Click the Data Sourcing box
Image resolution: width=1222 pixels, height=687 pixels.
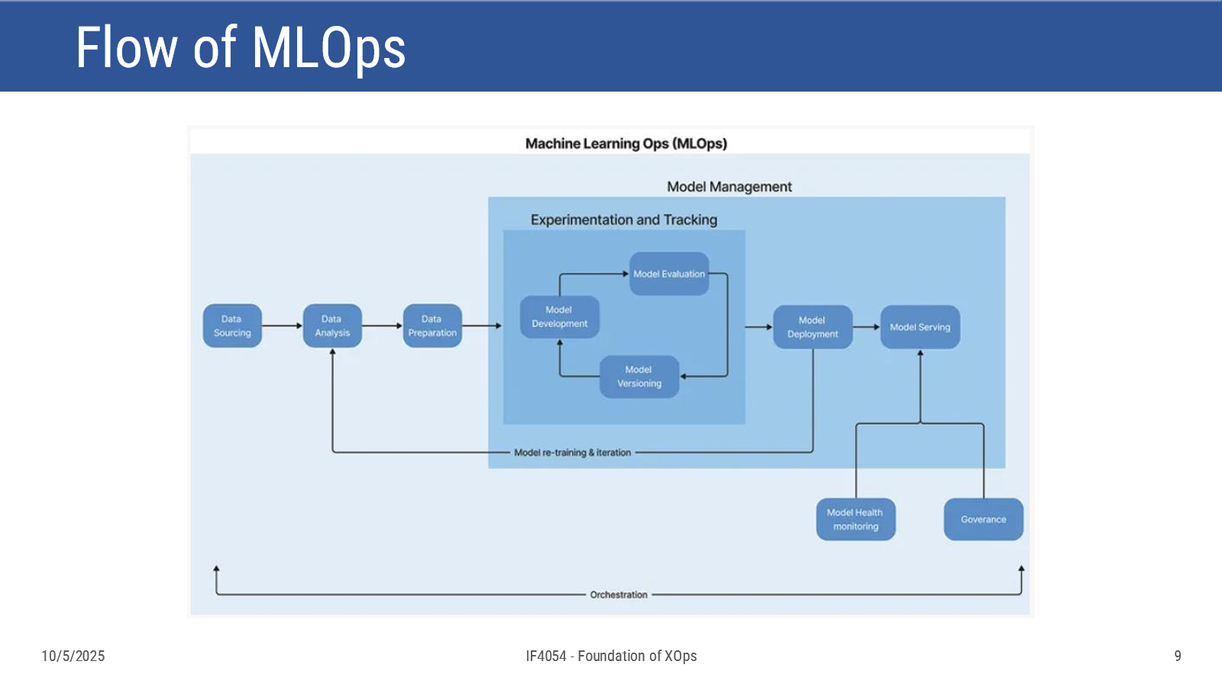pos(232,325)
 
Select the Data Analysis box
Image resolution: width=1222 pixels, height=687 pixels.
pos(332,325)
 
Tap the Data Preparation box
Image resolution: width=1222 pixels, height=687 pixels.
pos(432,325)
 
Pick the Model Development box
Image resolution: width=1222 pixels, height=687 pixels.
pos(560,317)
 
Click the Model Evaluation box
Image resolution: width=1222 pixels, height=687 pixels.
pos(669,274)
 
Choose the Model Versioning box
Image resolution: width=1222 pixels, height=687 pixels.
pos(639,377)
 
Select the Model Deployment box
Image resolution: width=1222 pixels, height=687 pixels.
pos(813,327)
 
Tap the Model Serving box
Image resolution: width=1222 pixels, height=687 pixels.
pos(920,327)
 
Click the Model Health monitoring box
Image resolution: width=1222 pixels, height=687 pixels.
pos(856,519)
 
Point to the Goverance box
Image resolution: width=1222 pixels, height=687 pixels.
pos(984,519)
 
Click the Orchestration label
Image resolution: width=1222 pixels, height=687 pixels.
pos(619,595)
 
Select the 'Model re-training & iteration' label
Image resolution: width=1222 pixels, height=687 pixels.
pos(572,453)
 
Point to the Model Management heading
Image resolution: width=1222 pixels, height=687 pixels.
pos(729,187)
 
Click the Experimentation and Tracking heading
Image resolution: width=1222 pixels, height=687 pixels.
pos(624,220)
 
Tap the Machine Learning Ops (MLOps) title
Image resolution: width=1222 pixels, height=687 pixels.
pos(626,144)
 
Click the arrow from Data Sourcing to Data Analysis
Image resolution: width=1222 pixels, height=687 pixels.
pos(282,325)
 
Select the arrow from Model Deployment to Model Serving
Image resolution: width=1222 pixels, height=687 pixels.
pos(866,327)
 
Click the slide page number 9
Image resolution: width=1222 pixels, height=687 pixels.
pos(1178,656)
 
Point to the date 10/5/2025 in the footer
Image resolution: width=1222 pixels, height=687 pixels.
pos(73,656)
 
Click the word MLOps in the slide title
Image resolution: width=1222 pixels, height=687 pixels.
pos(328,49)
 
